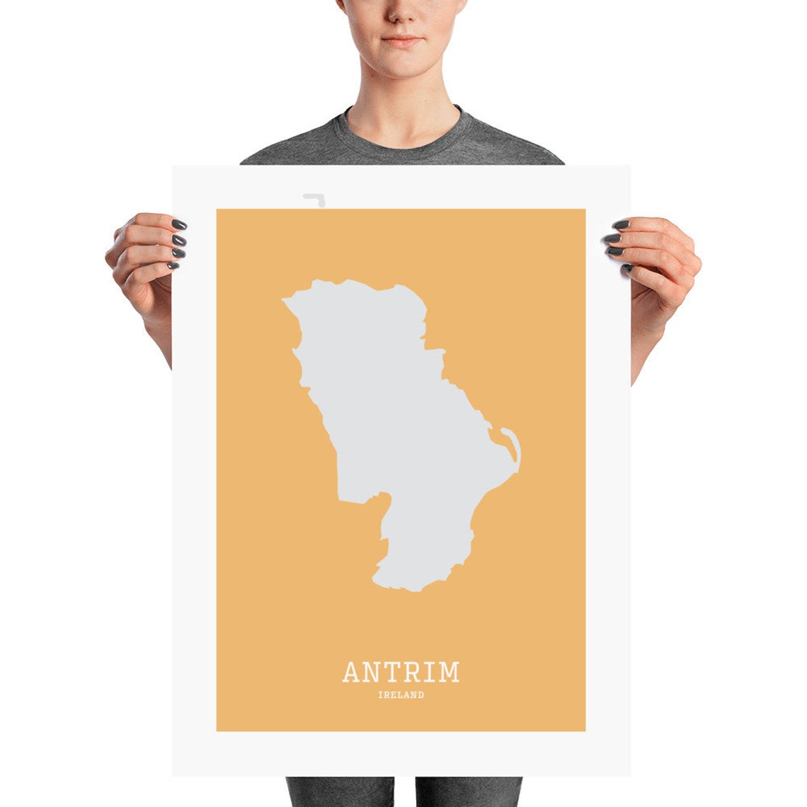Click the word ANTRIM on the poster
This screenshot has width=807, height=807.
pyautogui.click(x=401, y=672)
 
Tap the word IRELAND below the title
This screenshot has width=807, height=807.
pyautogui.click(x=401, y=695)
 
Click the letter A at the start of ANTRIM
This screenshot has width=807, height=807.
pyautogui.click(x=352, y=672)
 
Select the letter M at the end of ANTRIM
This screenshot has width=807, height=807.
pyautogui.click(x=449, y=672)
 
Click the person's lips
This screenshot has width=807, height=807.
pyautogui.click(x=402, y=41)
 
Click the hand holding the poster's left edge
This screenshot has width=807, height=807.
pyautogui.click(x=145, y=262)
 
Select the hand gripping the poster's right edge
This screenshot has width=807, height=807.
pyautogui.click(x=655, y=262)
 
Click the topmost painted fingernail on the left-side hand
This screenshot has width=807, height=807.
pyautogui.click(x=179, y=224)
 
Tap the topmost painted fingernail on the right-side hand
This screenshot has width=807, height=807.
pyautogui.click(x=621, y=224)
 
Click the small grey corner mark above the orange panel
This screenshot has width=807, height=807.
pyautogui.click(x=314, y=200)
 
